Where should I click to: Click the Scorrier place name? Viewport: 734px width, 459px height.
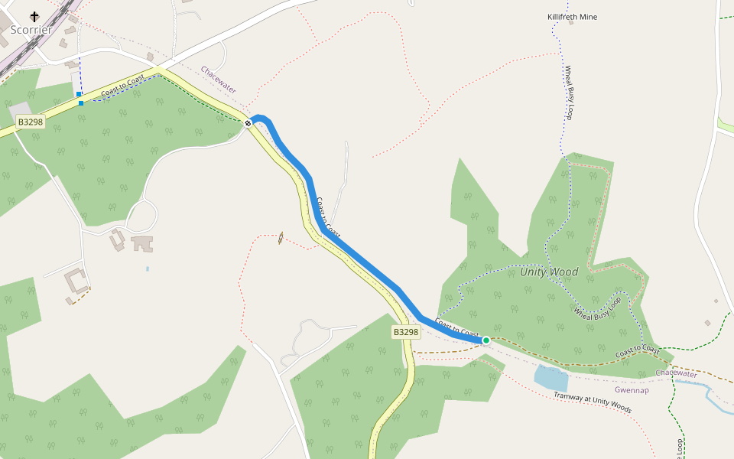click(31, 30)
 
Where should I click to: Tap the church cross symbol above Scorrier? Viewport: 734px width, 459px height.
click(34, 15)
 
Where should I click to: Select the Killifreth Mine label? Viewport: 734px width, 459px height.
click(572, 17)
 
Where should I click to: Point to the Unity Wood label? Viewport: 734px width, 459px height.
click(549, 272)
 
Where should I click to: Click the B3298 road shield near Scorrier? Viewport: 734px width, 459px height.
click(31, 122)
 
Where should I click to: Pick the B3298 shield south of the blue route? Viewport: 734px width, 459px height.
click(406, 332)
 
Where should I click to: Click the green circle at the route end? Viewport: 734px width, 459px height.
click(486, 340)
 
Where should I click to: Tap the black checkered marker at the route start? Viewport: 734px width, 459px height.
click(248, 123)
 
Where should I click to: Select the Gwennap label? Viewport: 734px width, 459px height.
click(632, 390)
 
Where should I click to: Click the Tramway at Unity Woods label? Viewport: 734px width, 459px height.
click(593, 402)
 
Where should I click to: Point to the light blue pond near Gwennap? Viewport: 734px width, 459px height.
click(550, 377)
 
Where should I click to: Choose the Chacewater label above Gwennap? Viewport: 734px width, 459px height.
click(676, 374)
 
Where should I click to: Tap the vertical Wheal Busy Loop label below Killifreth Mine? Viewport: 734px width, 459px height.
click(569, 93)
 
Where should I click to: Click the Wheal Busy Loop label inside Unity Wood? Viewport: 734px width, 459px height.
click(597, 305)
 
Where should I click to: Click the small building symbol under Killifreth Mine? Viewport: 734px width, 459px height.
click(570, 23)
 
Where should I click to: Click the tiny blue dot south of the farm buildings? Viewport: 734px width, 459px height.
click(148, 269)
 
